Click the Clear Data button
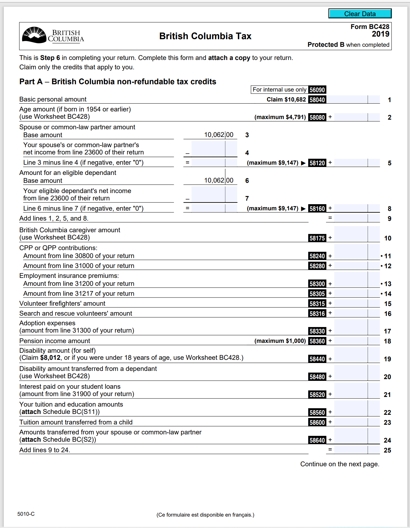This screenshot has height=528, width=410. (360, 13)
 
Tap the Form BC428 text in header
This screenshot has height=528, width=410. (370, 27)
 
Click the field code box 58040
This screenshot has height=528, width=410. (317, 100)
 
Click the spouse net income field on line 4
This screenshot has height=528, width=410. (208, 149)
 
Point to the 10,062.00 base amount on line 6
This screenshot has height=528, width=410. (218, 180)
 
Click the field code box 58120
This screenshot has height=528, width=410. (317, 163)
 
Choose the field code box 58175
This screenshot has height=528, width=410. (317, 238)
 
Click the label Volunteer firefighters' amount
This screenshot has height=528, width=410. (62, 303)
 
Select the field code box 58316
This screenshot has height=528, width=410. (317, 314)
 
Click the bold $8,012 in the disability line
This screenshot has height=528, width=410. (50, 357)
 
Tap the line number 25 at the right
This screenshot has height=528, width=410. (387, 450)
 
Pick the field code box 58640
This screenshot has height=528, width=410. (317, 440)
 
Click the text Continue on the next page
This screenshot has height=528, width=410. (340, 464)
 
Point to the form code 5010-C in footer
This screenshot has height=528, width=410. (26, 514)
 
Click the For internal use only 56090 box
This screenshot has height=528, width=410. (288, 90)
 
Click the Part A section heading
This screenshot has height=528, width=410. (118, 82)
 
